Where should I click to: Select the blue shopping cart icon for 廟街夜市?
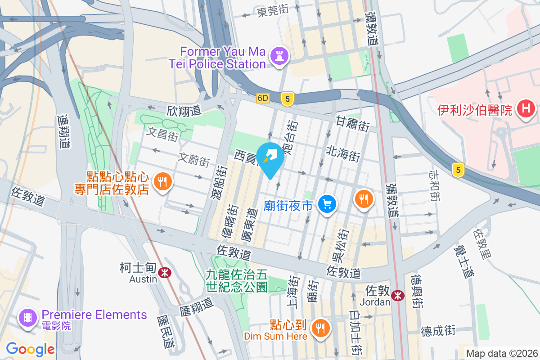(327, 205)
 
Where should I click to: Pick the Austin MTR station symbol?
(164, 272)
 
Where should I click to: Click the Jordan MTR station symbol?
(397, 295)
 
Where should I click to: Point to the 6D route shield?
(263, 98)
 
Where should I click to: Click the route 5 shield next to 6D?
(287, 98)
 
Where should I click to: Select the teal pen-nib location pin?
(270, 157)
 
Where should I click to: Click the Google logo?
(31, 349)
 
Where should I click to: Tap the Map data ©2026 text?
(501, 354)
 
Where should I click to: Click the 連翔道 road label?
(64, 131)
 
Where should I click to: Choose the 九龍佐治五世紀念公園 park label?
(237, 280)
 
